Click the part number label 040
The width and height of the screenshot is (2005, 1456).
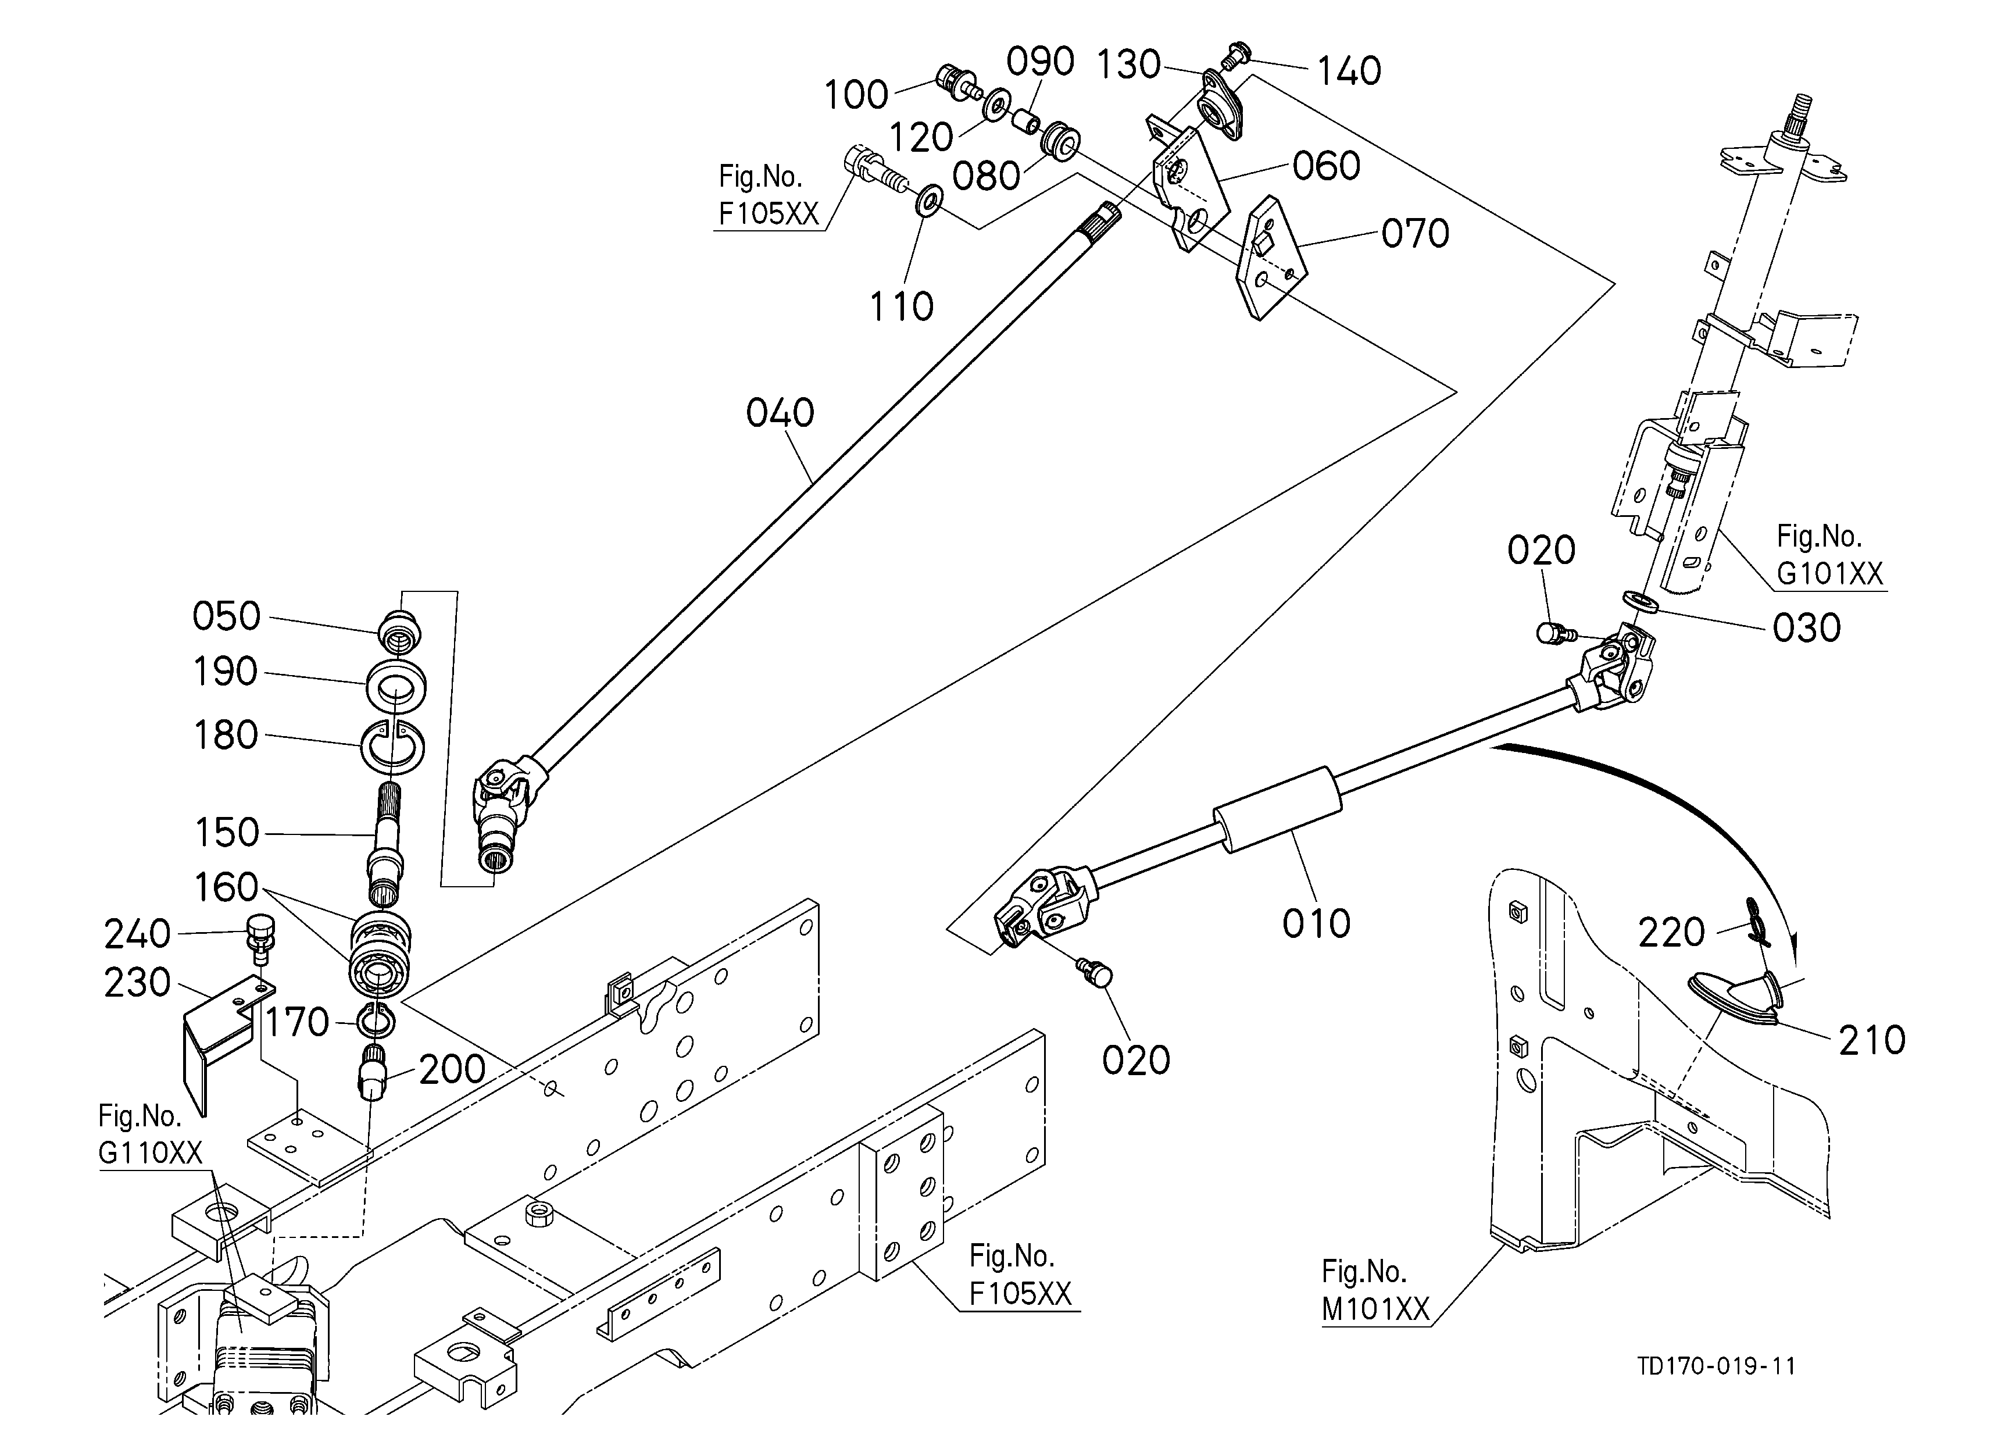click(x=780, y=413)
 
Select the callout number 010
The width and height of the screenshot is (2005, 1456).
click(x=1316, y=924)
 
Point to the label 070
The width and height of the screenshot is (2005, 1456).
click(x=1416, y=233)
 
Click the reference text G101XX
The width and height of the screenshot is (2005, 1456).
click(x=1830, y=574)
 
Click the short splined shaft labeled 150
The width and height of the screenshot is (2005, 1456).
click(x=387, y=844)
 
